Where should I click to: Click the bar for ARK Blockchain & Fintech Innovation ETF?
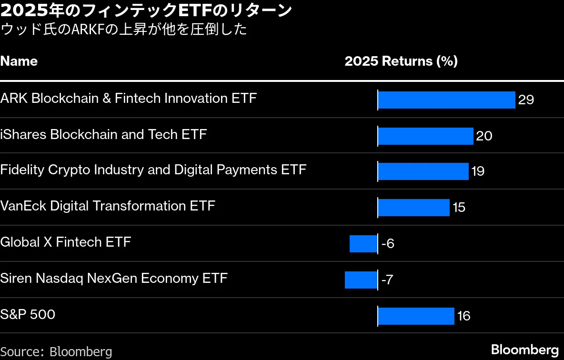446,100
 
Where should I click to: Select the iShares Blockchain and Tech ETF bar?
425,136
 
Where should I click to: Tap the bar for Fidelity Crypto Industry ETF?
423,171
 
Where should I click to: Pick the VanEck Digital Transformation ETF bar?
413,208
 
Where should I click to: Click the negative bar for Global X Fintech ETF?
363,244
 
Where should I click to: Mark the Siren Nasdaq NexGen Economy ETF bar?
361,280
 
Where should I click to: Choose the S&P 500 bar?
416,316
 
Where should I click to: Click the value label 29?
526,100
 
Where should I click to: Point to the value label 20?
484,136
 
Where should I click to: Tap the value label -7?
387,280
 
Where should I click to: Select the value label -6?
388,244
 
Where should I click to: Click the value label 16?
463,316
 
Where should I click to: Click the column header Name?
19,61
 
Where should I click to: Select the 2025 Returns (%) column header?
401,61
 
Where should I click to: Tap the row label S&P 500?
28,315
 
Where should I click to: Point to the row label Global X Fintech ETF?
65,242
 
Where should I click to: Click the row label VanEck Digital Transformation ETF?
108,206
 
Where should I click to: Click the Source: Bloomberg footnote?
56,352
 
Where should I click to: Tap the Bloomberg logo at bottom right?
524,350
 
